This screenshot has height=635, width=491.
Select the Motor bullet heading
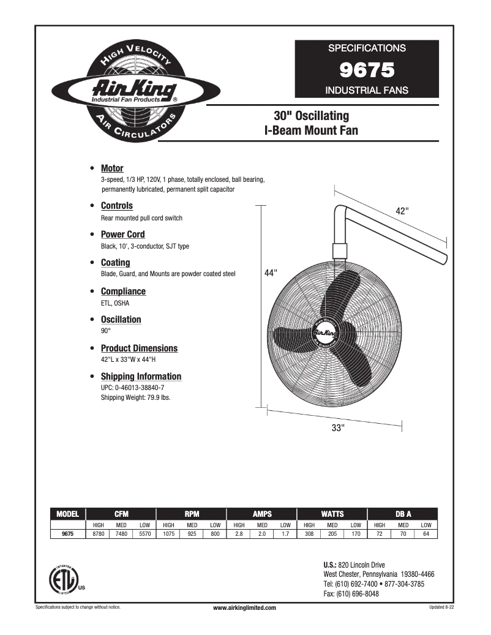(112, 168)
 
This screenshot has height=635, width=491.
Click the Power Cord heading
(122, 235)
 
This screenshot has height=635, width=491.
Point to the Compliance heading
(123, 291)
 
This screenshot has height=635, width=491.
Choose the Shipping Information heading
(141, 377)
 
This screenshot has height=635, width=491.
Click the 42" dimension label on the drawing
(402, 210)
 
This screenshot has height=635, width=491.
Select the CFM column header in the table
(121, 514)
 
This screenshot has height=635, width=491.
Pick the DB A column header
(402, 514)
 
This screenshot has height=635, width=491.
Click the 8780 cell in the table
(98, 534)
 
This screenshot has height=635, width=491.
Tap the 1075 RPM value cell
(168, 534)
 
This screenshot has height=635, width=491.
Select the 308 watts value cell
(309, 534)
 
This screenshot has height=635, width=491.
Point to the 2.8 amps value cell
(239, 534)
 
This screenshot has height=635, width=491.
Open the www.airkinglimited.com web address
(244, 607)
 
